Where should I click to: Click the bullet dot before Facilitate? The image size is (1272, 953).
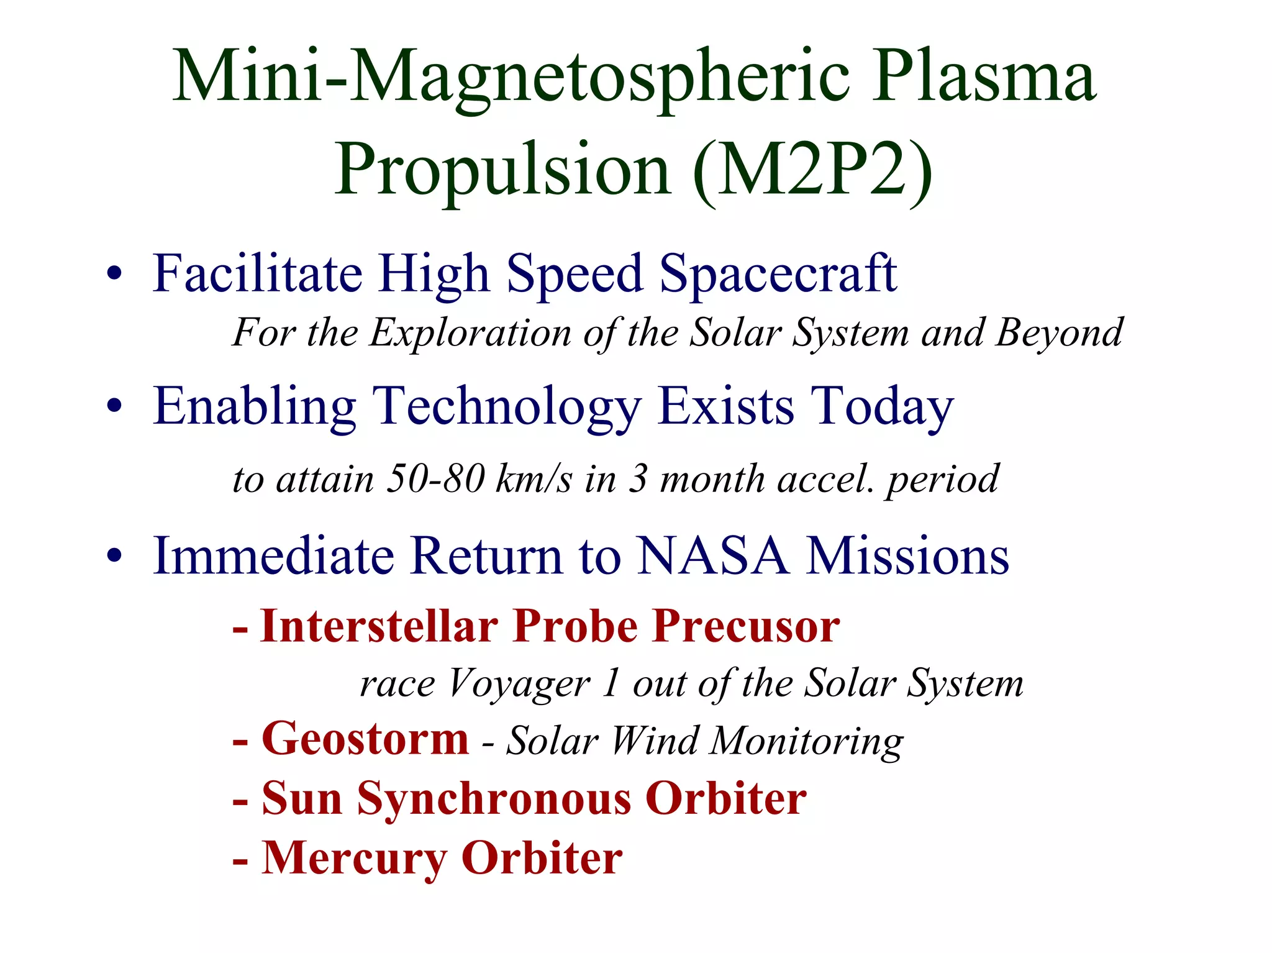[114, 274]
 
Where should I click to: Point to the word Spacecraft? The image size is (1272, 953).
[778, 274]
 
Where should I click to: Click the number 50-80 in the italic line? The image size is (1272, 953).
[435, 480]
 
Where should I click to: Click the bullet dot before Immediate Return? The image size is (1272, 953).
[114, 555]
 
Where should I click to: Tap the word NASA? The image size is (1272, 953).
[713, 555]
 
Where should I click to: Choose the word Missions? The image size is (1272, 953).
[907, 555]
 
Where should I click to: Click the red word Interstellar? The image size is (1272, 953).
[379, 626]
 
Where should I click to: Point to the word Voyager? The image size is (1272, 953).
[519, 685]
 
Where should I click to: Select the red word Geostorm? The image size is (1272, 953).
[365, 739]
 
